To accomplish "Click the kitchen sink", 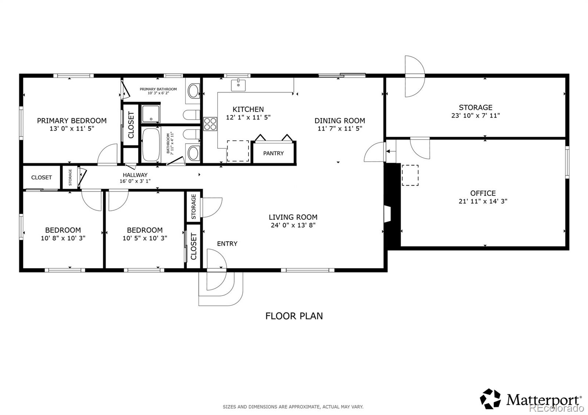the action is [x=238, y=85].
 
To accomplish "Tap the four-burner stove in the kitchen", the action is [x=210, y=124].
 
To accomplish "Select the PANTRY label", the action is [x=273, y=153].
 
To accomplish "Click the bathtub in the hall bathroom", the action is [x=151, y=145].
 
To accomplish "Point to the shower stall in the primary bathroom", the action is [x=150, y=114].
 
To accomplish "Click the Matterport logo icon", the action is [x=490, y=399].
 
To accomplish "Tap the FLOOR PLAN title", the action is [x=294, y=316].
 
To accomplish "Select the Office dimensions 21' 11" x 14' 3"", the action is [x=483, y=201].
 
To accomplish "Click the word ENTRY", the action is [x=227, y=244].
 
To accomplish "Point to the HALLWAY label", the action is [x=135, y=175].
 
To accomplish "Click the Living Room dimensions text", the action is [x=293, y=225].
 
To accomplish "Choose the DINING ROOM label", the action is [x=340, y=121].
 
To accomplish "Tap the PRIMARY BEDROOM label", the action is [x=72, y=121].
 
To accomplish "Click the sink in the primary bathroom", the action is [x=193, y=91].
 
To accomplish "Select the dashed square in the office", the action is [x=410, y=175].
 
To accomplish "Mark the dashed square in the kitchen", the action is [x=238, y=151].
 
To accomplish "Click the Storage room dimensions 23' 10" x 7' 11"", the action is [x=476, y=115].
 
